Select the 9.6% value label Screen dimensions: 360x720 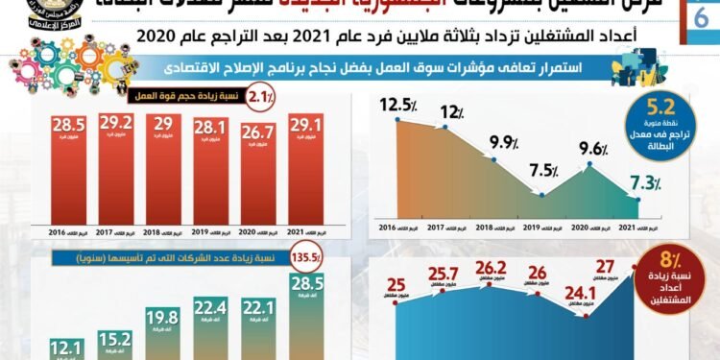click(594, 149)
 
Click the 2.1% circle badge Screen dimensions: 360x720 click(261, 96)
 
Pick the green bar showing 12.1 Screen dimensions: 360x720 click(64, 348)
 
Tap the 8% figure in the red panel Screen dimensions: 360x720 click(672, 260)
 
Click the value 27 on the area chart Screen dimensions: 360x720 click(606, 267)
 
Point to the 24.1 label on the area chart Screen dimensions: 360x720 click(573, 293)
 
